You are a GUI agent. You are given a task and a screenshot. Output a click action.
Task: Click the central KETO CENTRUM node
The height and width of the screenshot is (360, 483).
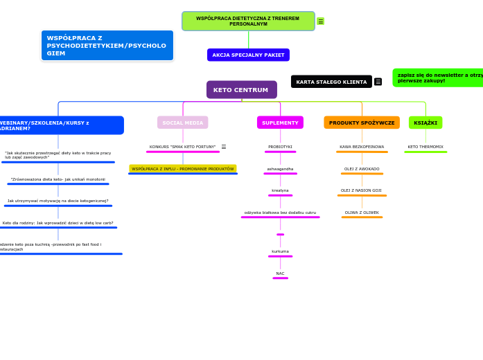pos(241,90)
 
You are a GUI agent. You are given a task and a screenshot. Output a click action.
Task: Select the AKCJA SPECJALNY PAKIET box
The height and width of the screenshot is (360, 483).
pos(248,55)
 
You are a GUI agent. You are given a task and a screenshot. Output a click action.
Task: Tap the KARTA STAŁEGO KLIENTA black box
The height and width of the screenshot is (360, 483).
pos(331,82)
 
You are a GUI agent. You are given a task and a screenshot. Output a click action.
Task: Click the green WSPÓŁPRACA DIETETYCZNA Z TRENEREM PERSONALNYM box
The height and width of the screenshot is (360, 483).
pos(248,21)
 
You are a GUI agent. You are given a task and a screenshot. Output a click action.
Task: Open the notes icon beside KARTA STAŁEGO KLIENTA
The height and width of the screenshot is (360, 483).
pos(378,82)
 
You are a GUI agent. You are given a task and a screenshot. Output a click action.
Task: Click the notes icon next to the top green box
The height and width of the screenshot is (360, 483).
pos(321,21)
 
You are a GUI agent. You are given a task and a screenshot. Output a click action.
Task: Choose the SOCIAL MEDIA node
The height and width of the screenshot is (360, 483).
pos(182,123)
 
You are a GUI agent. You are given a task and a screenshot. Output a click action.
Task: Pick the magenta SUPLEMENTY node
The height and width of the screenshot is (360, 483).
pos(280,123)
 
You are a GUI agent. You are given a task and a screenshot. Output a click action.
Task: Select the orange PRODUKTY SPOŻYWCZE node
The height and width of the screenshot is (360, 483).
pos(362,123)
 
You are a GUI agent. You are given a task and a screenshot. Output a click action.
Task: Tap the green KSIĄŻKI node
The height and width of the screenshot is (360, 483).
pos(425,123)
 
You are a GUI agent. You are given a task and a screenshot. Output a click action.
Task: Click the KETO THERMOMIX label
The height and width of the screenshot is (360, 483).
pos(425,147)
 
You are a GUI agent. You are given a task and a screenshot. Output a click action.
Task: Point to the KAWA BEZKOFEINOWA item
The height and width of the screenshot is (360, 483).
pos(362,147)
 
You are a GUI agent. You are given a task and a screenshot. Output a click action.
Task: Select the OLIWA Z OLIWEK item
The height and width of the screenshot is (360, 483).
pos(362,213)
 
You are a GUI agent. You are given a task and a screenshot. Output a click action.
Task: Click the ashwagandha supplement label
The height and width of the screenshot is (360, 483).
pos(280,169)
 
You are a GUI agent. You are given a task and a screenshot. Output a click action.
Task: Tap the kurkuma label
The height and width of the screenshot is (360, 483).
pos(280,251)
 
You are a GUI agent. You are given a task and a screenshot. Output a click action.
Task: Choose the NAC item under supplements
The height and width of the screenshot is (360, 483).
pos(280,273)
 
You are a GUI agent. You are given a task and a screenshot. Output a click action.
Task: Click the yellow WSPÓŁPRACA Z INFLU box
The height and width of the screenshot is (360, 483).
pos(182,169)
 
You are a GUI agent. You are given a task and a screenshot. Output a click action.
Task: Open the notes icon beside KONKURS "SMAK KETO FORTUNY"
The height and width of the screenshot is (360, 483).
pos(223,147)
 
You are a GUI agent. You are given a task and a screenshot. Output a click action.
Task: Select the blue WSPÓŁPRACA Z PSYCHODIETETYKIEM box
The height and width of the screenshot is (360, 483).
pos(107,46)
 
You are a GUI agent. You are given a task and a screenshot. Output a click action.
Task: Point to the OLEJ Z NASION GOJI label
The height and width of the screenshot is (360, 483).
pos(362,190)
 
